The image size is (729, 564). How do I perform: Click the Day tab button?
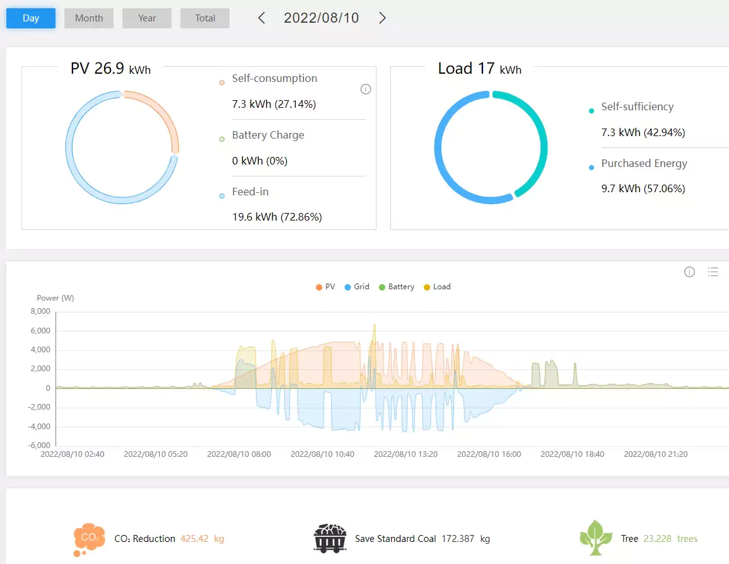point(31,18)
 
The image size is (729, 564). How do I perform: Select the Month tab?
point(89,18)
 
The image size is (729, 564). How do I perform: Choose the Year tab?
point(147,18)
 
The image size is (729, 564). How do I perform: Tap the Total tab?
point(205,18)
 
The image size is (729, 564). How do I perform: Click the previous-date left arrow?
point(262,18)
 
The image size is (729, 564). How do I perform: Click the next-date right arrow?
point(382,18)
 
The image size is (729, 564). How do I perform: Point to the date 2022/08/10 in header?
point(321,18)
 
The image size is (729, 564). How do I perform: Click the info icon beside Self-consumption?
point(366,89)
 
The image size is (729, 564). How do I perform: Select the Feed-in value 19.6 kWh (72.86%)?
point(277,217)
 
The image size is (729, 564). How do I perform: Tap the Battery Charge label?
point(268,135)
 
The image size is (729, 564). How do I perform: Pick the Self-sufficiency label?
point(638,107)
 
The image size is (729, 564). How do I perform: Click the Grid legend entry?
point(357,287)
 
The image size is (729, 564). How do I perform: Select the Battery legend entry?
point(397,287)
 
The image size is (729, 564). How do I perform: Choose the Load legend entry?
point(437,287)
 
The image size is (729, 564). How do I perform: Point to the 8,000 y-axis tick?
point(40,311)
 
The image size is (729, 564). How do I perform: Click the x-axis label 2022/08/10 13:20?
point(406,454)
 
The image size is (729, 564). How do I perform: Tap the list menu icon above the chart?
point(713,272)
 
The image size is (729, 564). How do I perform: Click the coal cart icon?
point(330,538)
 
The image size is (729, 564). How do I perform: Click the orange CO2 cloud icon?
point(89,539)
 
